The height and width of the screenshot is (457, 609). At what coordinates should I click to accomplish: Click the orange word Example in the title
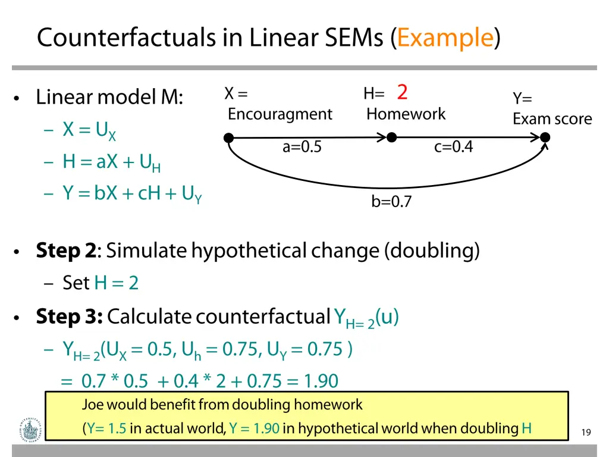[x=445, y=38]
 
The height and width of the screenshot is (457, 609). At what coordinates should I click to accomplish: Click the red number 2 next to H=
[x=403, y=92]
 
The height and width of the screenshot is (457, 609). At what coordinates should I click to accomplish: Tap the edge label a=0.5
[x=302, y=147]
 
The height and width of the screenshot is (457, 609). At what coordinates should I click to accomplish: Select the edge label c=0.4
[x=453, y=147]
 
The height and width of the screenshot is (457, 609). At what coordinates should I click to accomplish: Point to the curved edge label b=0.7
[x=391, y=202]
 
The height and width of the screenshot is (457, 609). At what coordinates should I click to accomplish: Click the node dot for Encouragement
[x=228, y=138]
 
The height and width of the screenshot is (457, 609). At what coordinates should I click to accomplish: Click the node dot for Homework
[x=391, y=137]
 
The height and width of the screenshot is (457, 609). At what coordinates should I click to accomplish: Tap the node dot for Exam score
[x=545, y=137]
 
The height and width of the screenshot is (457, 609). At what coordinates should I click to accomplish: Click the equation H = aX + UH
[x=111, y=162]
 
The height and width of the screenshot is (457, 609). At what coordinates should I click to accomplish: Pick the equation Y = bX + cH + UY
[x=132, y=194]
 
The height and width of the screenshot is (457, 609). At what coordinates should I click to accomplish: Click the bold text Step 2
[x=65, y=251]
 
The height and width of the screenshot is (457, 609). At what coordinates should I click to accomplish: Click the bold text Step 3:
[x=69, y=317]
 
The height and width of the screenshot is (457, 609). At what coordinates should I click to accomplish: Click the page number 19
[x=586, y=433]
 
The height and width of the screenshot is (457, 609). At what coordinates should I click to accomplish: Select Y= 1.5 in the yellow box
[x=106, y=428]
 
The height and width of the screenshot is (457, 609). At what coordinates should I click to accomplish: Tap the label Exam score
[x=552, y=119]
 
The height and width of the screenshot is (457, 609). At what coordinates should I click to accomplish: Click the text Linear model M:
[x=109, y=97]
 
